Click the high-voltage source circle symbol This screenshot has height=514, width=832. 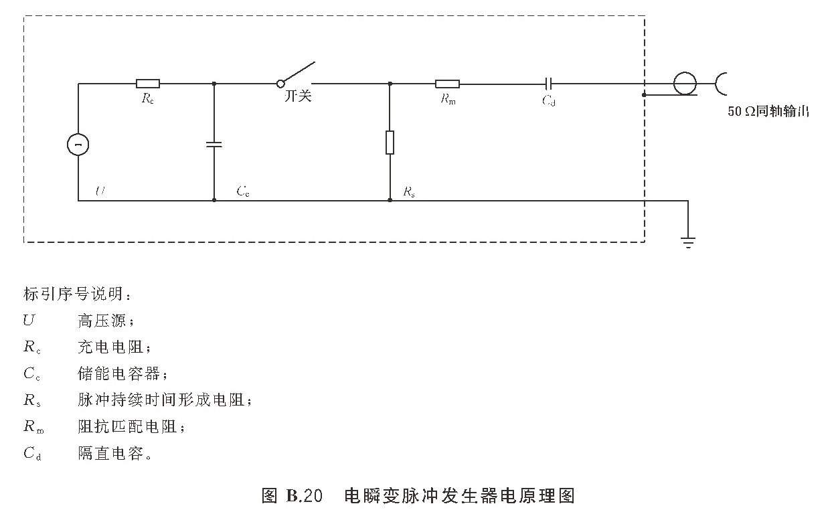78,144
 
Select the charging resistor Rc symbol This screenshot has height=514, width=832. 147,84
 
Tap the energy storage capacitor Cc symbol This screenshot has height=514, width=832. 214,144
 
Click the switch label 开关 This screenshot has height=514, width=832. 298,96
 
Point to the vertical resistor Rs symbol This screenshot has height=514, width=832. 390,143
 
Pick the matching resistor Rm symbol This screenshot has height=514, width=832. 447,84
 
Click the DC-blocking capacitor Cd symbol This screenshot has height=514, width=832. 548,84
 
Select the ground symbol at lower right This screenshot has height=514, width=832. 688,242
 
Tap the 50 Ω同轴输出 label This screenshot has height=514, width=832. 768,112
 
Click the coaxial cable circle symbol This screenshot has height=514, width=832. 684,84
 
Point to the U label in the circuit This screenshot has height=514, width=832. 100,191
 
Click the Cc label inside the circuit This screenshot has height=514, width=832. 243,191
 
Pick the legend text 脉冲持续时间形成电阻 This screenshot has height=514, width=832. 164,400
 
